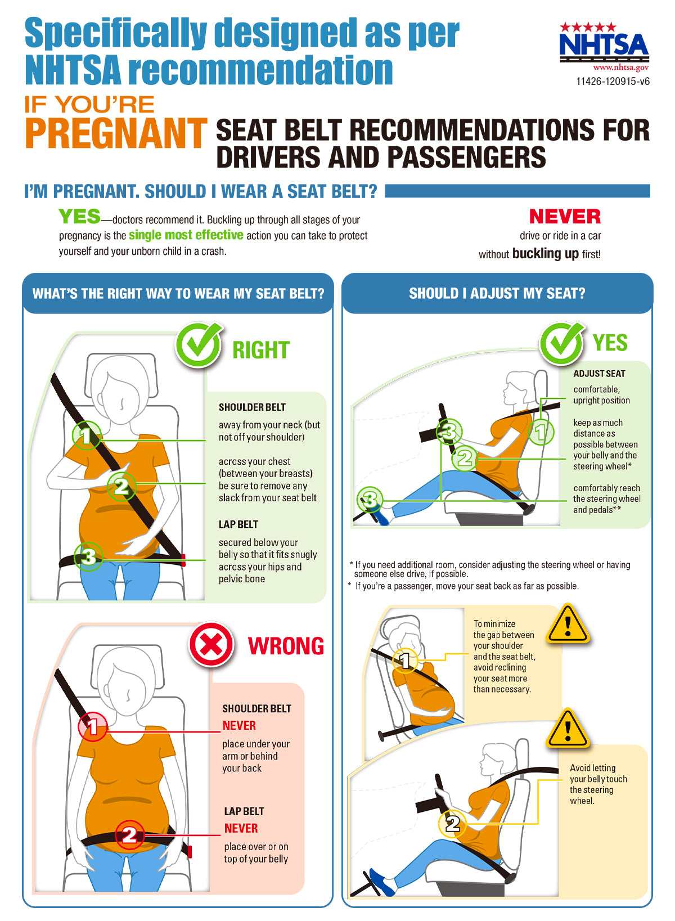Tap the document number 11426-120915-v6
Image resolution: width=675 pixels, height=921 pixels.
[x=612, y=82]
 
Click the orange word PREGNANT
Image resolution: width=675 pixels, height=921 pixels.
[x=115, y=133]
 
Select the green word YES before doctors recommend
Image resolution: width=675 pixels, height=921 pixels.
[x=79, y=216]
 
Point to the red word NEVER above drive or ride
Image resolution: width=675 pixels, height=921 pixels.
[x=565, y=217]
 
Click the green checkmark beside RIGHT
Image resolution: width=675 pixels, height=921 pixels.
[x=198, y=345]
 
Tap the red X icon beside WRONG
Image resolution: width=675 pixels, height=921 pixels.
[x=211, y=645]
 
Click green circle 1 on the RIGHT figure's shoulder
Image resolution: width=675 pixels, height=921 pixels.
[x=86, y=435]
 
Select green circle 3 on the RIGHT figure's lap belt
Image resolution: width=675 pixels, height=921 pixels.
[x=89, y=557]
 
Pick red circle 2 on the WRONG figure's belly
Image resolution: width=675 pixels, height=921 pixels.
[x=129, y=834]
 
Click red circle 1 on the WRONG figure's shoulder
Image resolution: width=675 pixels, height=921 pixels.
[x=93, y=727]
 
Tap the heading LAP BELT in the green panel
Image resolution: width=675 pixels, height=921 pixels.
[x=238, y=524]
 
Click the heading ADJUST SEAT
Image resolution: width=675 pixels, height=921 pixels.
[x=599, y=374]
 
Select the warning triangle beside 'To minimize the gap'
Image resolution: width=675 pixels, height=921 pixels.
[x=568, y=624]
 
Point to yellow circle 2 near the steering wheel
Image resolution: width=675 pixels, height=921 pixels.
[x=452, y=824]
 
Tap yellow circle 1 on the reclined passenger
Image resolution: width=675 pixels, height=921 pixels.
[x=406, y=660]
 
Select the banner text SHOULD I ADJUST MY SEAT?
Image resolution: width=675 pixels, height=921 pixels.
[x=497, y=293]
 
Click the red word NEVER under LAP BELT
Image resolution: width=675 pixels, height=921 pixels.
[x=241, y=828]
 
